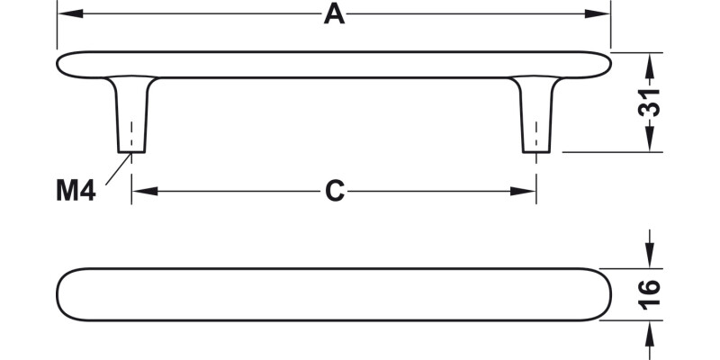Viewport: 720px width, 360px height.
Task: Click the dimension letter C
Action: click(335, 191)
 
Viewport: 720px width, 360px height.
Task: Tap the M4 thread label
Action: click(76, 191)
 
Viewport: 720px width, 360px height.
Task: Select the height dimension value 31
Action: click(649, 103)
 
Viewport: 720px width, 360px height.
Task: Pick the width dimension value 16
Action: click(649, 294)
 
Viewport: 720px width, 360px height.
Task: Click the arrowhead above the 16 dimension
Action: click(649, 256)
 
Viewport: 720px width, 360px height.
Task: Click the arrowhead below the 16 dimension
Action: click(649, 332)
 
